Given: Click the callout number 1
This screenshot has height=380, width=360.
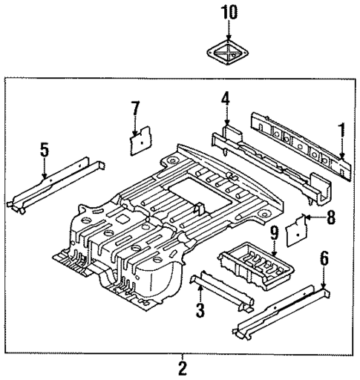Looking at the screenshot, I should (x=342, y=132).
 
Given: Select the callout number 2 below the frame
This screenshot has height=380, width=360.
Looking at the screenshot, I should (x=181, y=367).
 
